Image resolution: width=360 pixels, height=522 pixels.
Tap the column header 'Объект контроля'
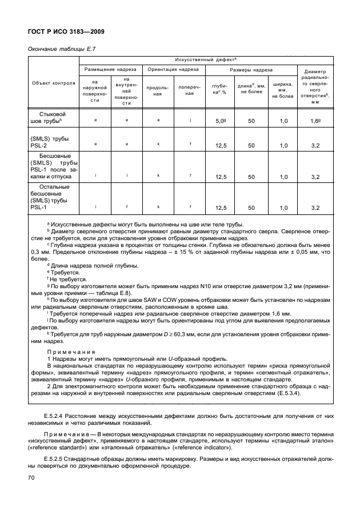click(x=53, y=82)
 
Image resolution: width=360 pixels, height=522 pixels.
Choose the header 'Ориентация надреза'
click(x=173, y=69)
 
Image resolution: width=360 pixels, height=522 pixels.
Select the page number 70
click(x=31, y=478)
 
